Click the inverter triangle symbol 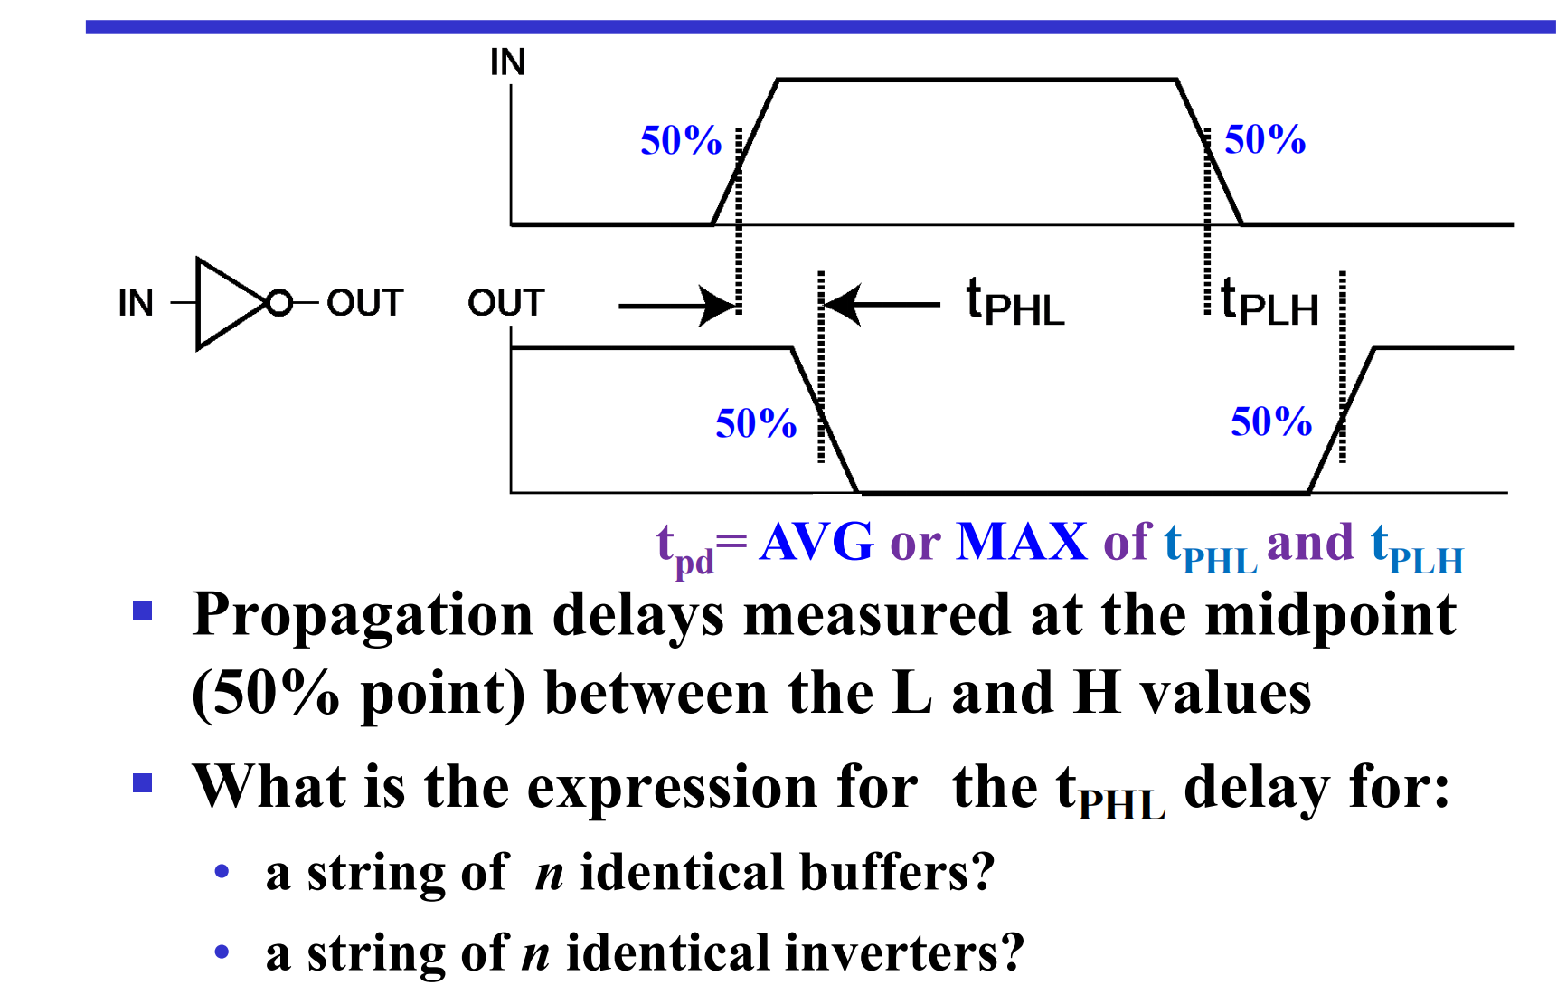pyautogui.click(x=226, y=304)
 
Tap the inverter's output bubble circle pyautogui.click(x=279, y=303)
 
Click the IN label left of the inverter pyautogui.click(x=136, y=304)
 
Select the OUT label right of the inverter pyautogui.click(x=364, y=304)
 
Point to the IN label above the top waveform pyautogui.click(x=507, y=62)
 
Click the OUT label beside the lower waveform pyautogui.click(x=505, y=304)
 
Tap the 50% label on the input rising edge pyautogui.click(x=681, y=141)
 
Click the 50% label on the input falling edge pyautogui.click(x=1265, y=140)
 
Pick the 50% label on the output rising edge pyautogui.click(x=1271, y=422)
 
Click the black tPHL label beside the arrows pyautogui.click(x=1014, y=304)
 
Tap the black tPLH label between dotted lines pyautogui.click(x=1269, y=304)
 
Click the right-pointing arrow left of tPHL pyautogui.click(x=678, y=306)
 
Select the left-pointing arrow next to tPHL pyautogui.click(x=882, y=305)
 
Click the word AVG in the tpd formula pyautogui.click(x=816, y=543)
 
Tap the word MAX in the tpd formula pyautogui.click(x=1022, y=543)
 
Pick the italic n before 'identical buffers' pyautogui.click(x=549, y=874)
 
